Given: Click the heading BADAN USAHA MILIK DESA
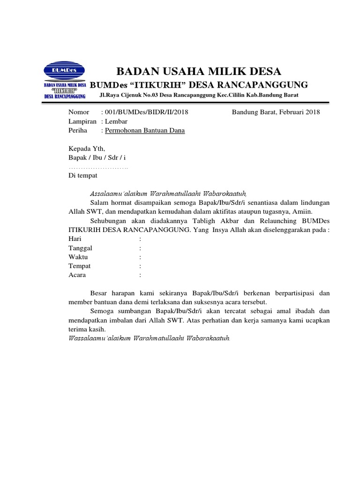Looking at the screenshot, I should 199,72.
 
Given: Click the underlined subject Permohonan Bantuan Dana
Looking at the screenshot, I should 145,130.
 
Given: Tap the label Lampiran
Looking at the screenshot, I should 82,121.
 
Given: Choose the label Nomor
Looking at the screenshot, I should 78,112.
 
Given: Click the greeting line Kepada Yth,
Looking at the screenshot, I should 83,149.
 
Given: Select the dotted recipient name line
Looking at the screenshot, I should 98,167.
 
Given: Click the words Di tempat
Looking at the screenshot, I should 83,175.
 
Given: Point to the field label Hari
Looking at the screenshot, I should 75,239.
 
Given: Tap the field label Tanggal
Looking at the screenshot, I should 81,248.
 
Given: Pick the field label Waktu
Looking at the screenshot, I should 78,257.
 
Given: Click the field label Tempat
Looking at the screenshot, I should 79,266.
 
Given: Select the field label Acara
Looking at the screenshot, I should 77,275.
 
